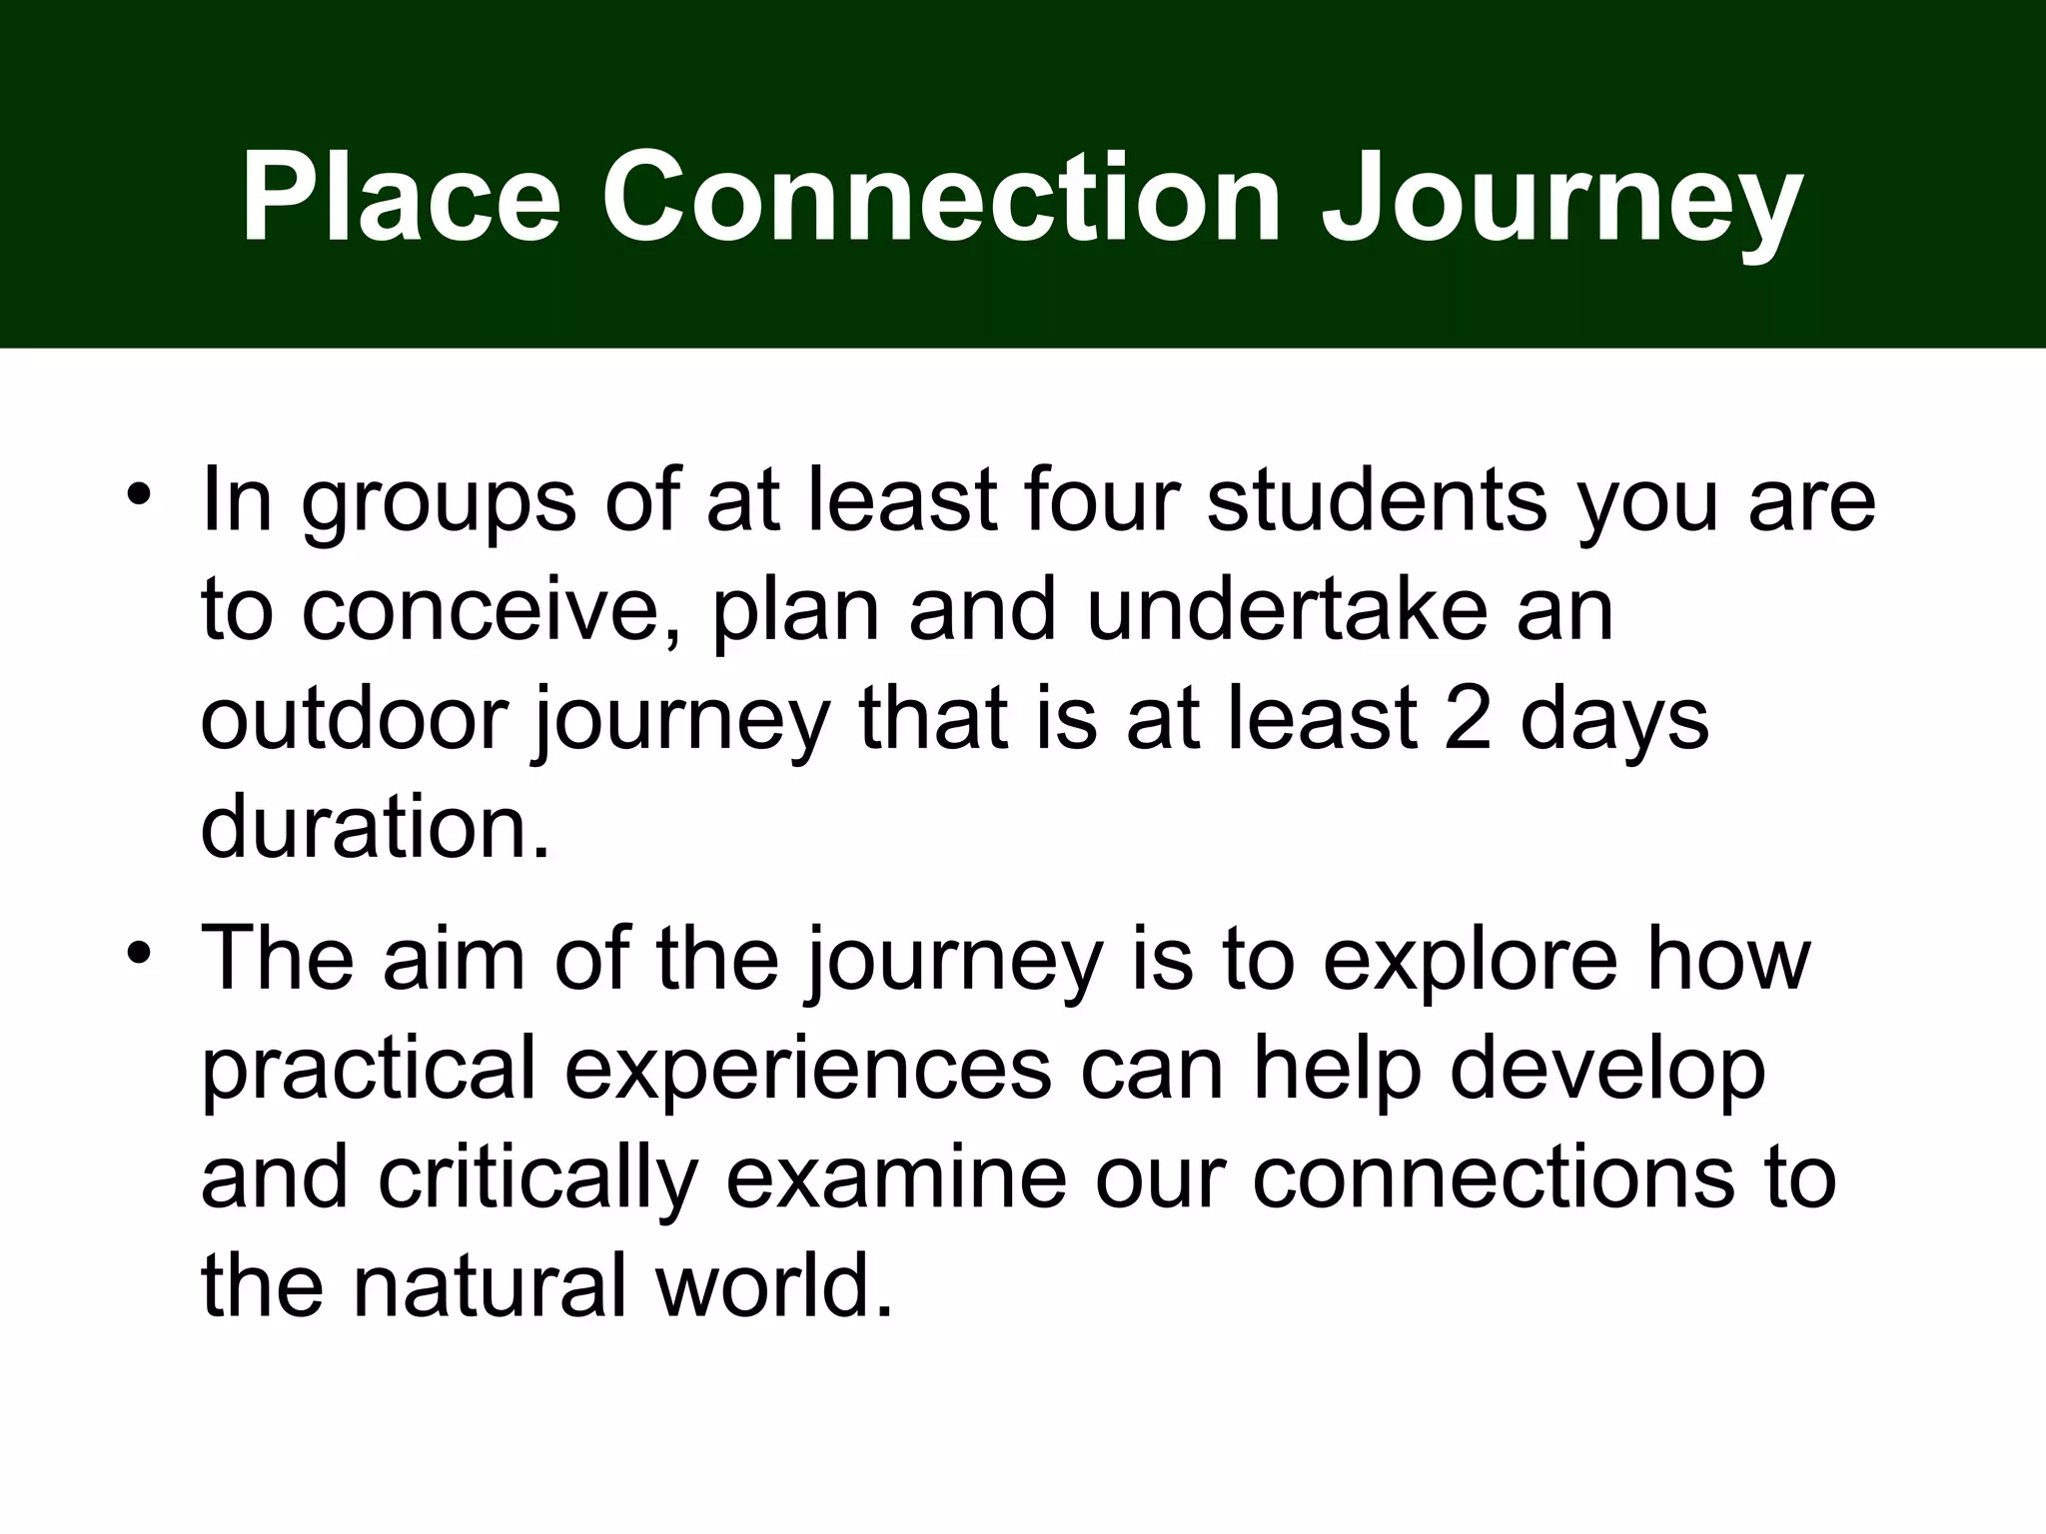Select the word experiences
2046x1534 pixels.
pos(807,1071)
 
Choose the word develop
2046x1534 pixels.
pos(1606,1071)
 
